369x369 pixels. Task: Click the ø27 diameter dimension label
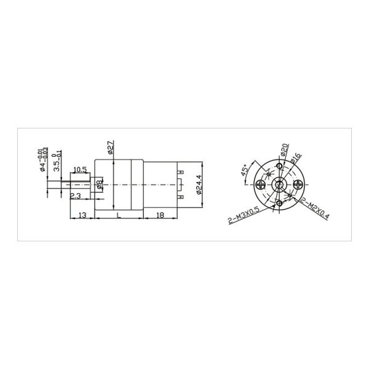[109, 147]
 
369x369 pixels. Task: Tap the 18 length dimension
[159, 215]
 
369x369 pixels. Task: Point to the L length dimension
[117, 215]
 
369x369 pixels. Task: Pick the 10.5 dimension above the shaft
[79, 169]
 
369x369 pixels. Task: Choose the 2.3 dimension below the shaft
[76, 196]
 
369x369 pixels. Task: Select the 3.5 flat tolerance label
[57, 161]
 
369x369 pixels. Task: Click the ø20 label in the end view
[285, 150]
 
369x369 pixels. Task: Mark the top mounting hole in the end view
[280, 167]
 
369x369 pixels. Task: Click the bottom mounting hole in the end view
[280, 202]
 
